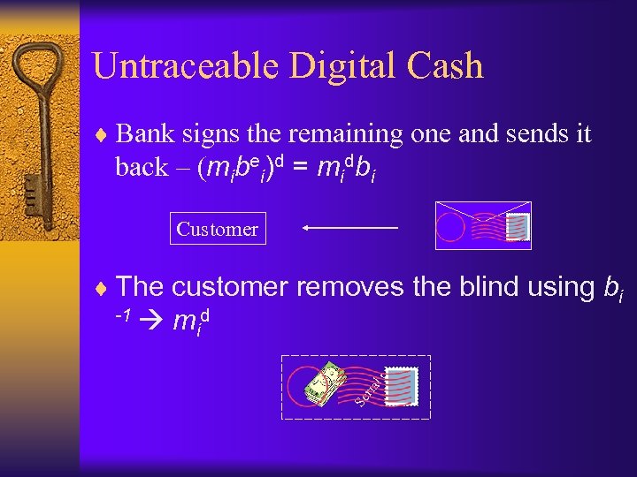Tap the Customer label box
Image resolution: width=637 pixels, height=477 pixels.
pyautogui.click(x=217, y=230)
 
